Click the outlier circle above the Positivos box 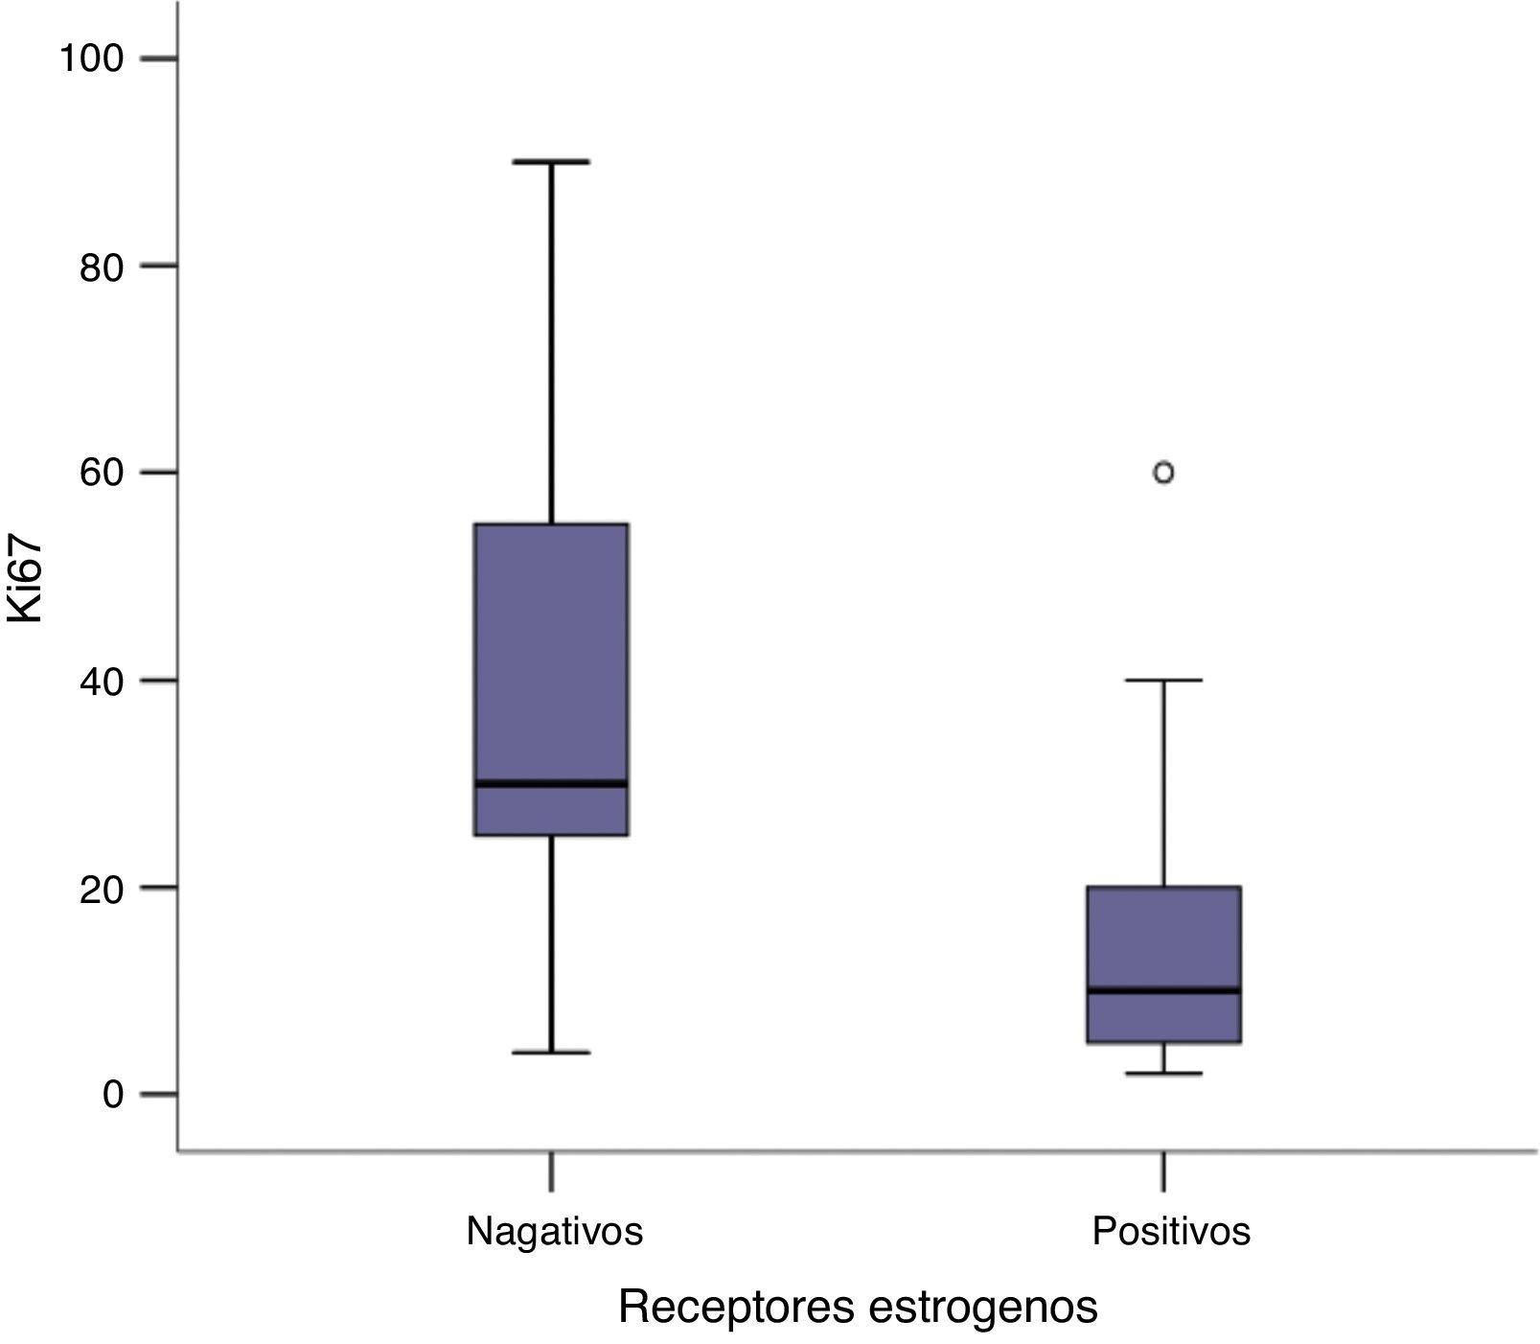[x=1163, y=473]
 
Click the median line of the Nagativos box [x=552, y=783]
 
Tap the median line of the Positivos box [x=1163, y=990]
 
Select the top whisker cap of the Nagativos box [x=552, y=162]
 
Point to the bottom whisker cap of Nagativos [x=552, y=1053]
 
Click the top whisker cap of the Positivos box [x=1163, y=680]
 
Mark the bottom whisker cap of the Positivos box [x=1163, y=1074]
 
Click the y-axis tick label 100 [x=92, y=58]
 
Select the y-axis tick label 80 [x=101, y=266]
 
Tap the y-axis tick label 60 [x=101, y=474]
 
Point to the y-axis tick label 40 [x=101, y=681]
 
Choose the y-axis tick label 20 [x=101, y=888]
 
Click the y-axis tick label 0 [x=113, y=1095]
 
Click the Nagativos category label [x=554, y=1231]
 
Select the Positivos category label [x=1171, y=1231]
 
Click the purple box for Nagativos [x=552, y=652]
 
